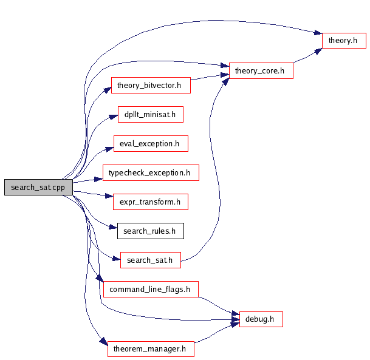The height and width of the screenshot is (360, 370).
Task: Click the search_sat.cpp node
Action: pyautogui.click(x=38, y=188)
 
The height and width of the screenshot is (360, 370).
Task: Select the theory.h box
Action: pyautogui.click(x=344, y=41)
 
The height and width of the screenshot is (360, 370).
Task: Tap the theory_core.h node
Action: pyautogui.click(x=260, y=70)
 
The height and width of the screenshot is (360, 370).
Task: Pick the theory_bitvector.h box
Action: pyautogui.click(x=151, y=85)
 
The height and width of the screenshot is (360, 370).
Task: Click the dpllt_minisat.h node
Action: pyautogui.click(x=150, y=114)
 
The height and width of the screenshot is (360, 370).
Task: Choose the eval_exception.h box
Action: pyautogui.click(x=150, y=143)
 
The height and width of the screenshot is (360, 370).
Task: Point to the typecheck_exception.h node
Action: pyautogui.click(x=150, y=172)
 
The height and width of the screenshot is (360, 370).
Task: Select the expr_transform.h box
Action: pyautogui.click(x=150, y=202)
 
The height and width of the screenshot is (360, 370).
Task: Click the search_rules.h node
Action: pyautogui.click(x=150, y=231)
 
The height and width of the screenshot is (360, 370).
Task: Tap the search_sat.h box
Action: pyautogui.click(x=151, y=260)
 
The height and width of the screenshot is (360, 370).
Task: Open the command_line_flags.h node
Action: pyautogui.click(x=151, y=289)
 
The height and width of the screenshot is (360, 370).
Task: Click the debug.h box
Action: pyautogui.click(x=261, y=318)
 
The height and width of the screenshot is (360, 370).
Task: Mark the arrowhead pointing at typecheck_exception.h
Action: pyautogui.click(x=98, y=178)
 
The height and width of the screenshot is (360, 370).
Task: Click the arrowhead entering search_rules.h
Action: pyautogui.click(x=112, y=228)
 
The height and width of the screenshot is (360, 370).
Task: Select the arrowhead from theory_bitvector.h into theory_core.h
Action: pyautogui.click(x=224, y=75)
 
